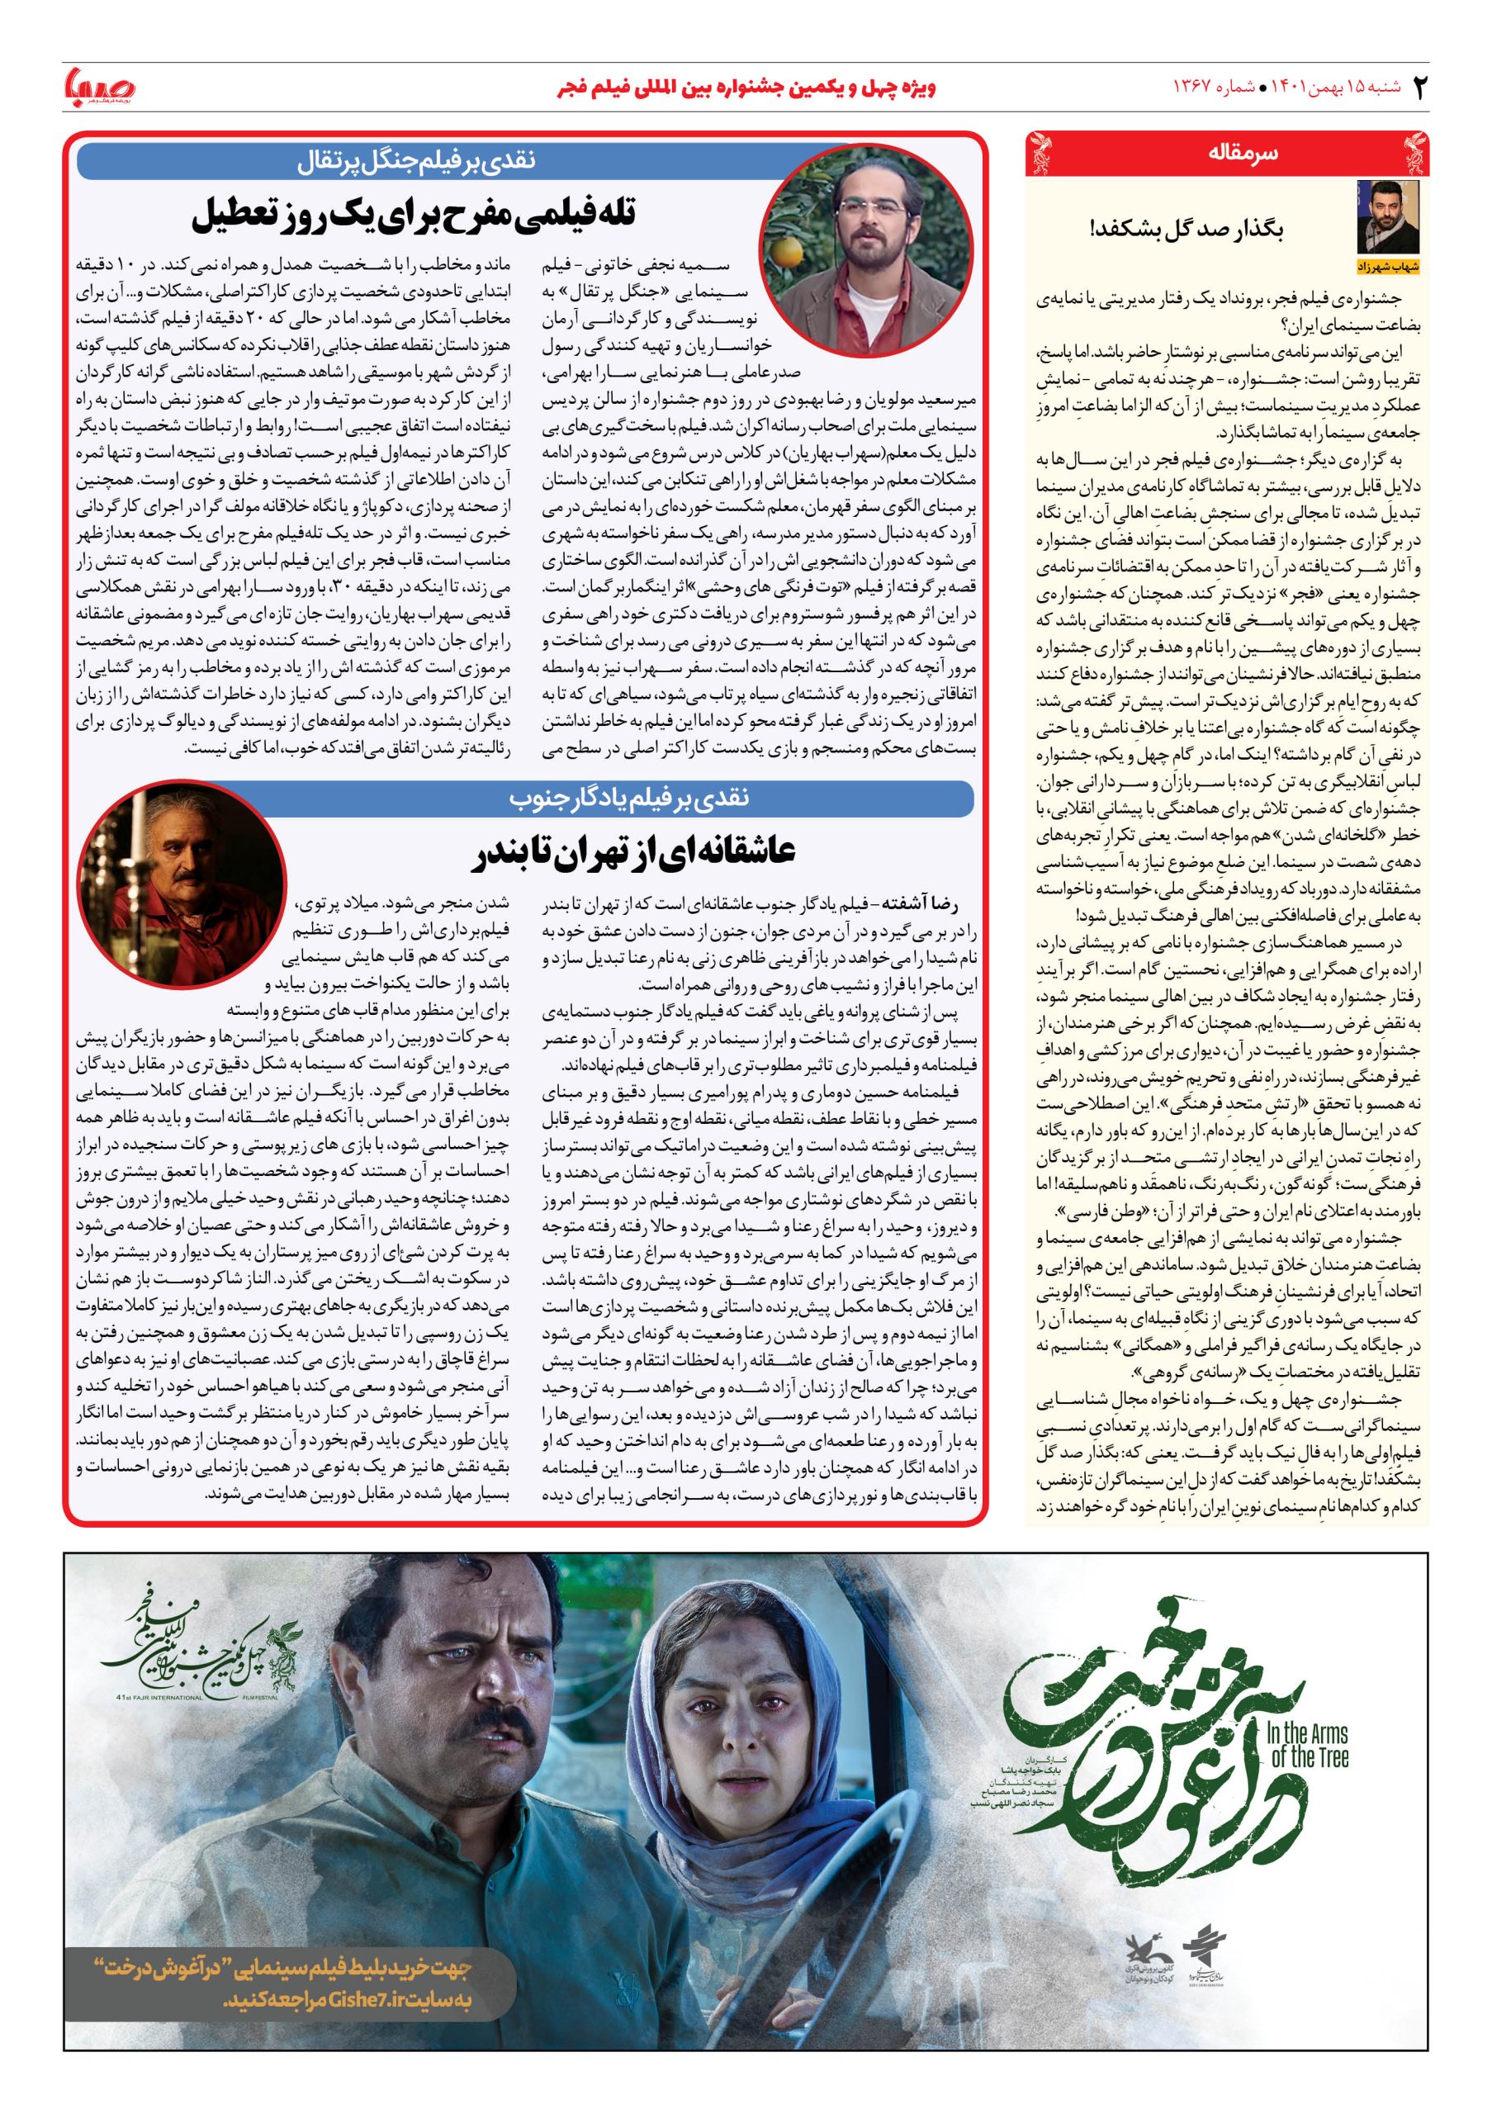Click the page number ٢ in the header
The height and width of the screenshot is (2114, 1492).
tap(1419, 88)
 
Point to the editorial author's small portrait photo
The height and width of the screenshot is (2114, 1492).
tap(1389, 217)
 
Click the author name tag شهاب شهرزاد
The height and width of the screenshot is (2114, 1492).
tap(1389, 266)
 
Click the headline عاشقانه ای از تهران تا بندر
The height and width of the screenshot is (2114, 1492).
tap(635, 852)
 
